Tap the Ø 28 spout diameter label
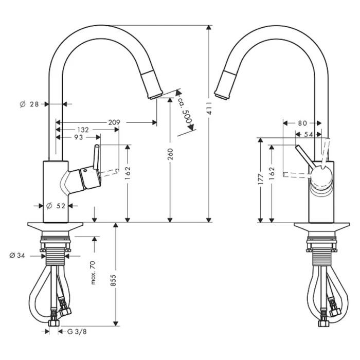[x=30, y=104]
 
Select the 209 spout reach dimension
[x=114, y=122]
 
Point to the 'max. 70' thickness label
[x=93, y=272]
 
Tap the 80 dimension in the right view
[x=302, y=123]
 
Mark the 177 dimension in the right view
[x=261, y=178]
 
